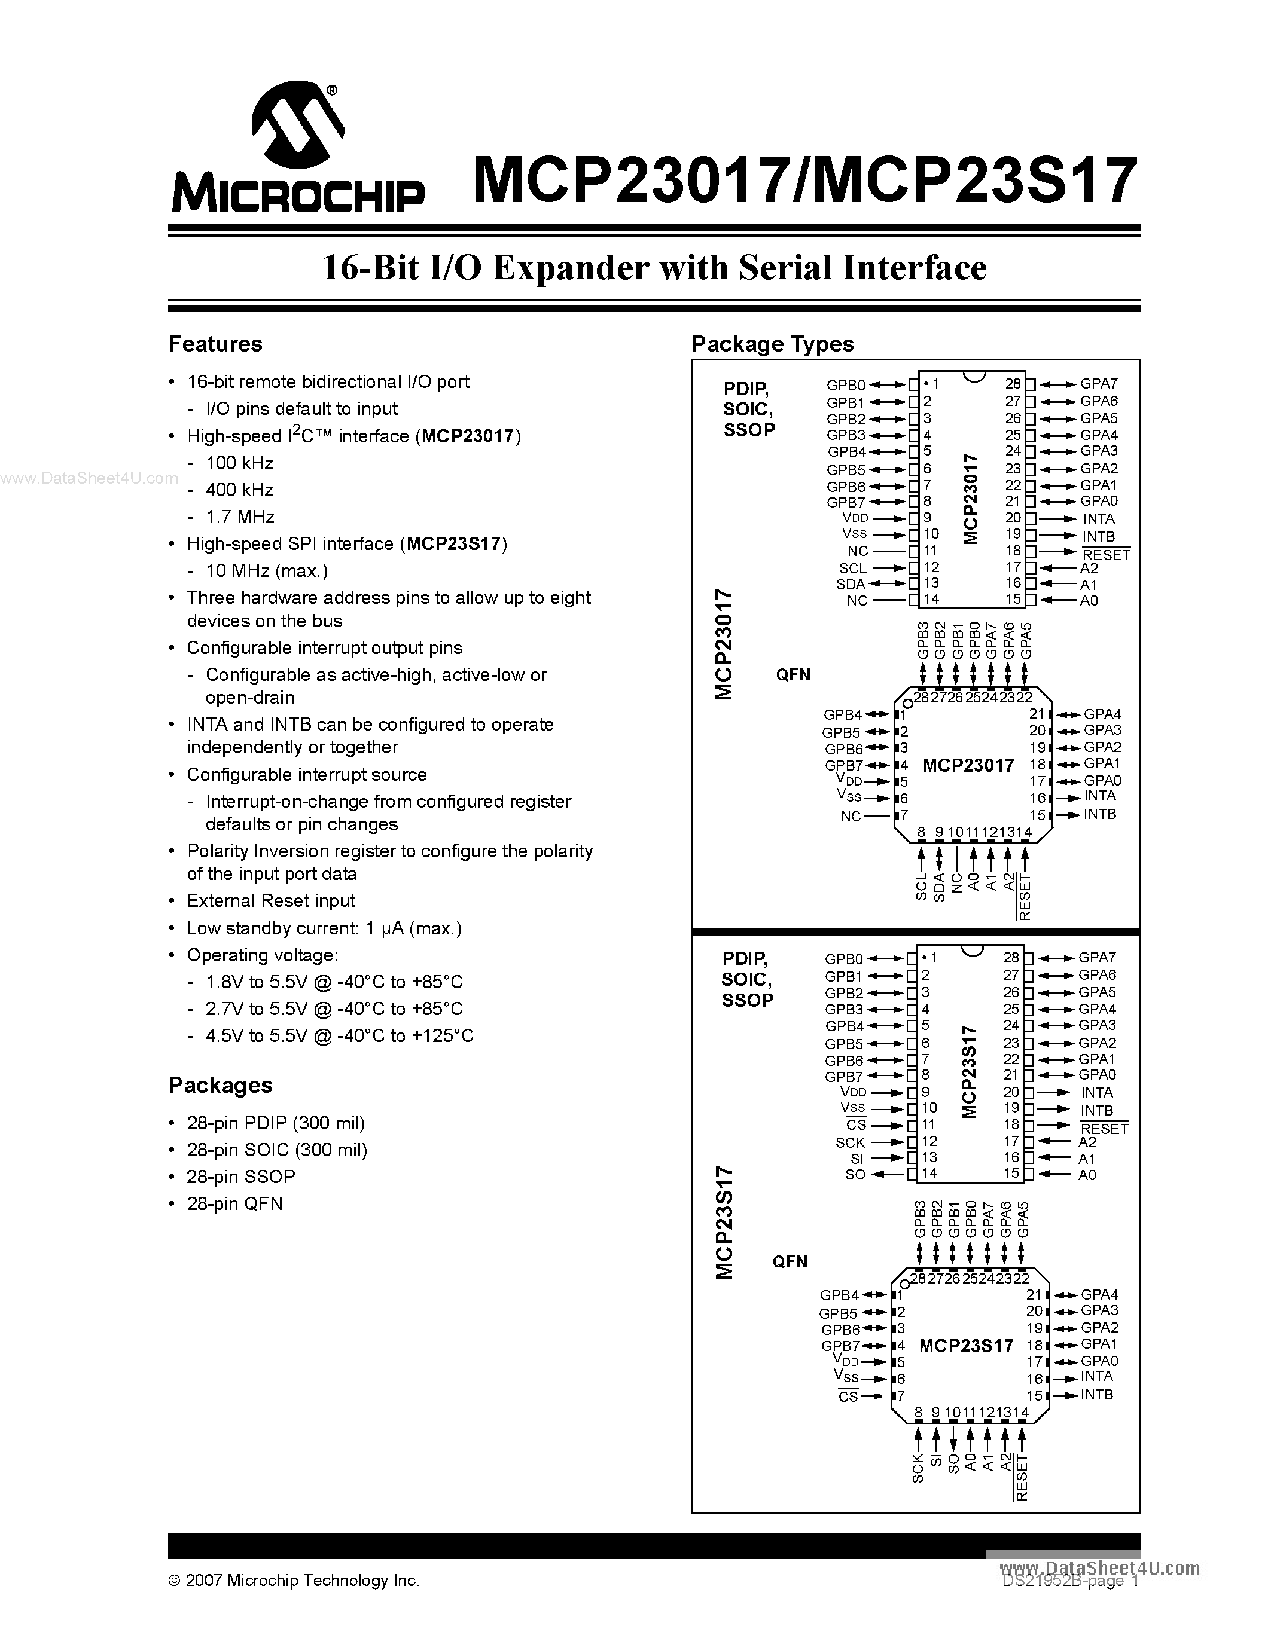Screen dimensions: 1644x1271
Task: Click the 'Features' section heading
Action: [215, 344]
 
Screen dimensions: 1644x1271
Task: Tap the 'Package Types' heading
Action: [773, 344]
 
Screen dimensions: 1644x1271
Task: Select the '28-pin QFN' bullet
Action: [234, 1203]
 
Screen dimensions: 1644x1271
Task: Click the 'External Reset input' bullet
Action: [270, 901]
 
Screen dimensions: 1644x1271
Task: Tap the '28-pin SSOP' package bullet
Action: [240, 1177]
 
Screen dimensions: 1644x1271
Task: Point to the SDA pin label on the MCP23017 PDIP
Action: [851, 584]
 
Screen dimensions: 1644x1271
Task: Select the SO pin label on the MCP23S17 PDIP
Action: [855, 1174]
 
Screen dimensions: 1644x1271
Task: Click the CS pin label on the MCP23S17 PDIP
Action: [856, 1125]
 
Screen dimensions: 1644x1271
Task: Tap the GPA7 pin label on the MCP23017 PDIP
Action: [1099, 384]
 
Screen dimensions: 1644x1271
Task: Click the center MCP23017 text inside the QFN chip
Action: [968, 766]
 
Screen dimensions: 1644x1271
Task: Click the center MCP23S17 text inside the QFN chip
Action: [966, 1345]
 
